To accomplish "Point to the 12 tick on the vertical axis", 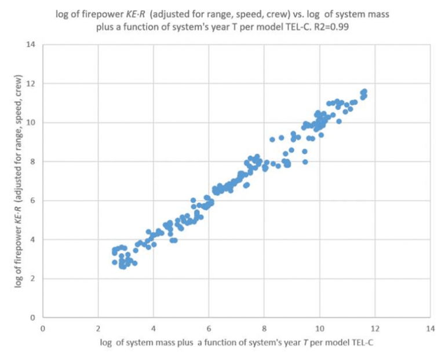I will point(30,83).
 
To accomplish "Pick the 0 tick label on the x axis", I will point(42,328).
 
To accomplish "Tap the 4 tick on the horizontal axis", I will point(153,328).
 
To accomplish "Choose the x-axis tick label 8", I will point(264,328).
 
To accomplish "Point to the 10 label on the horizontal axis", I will point(319,328).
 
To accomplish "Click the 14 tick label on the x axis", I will point(430,328).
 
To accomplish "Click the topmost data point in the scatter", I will point(364,91).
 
